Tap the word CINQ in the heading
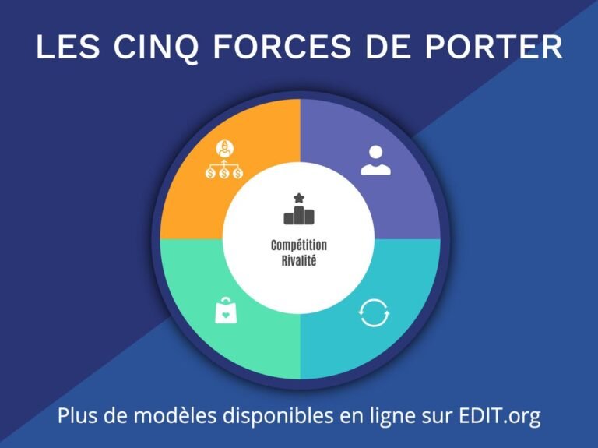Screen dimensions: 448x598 157,47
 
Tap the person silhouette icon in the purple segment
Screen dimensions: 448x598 375,160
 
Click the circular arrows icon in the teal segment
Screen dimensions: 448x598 374,313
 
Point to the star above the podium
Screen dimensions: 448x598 300,198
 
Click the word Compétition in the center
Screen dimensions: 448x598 299,245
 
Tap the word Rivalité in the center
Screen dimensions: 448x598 299,260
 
